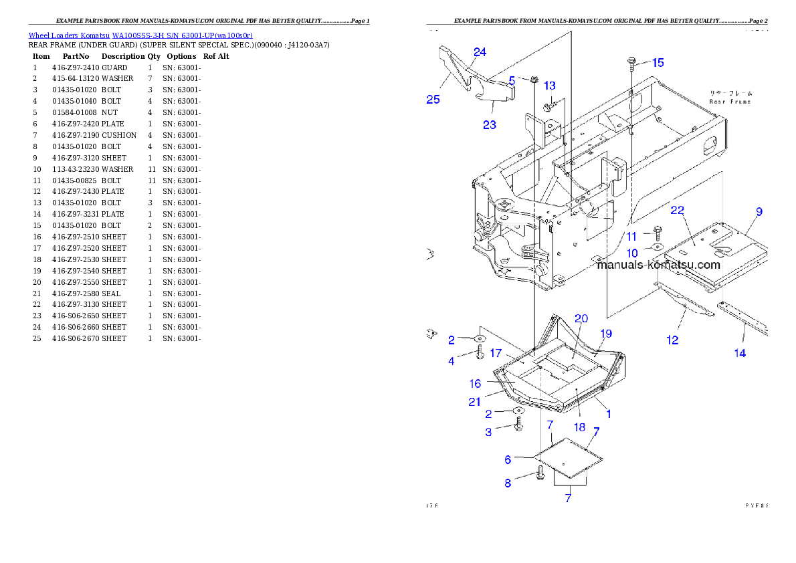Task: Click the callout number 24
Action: click(x=480, y=52)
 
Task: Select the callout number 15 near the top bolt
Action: click(x=658, y=63)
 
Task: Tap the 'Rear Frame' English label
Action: click(x=730, y=102)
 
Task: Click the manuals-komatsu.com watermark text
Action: click(x=659, y=264)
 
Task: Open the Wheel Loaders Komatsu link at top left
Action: click(x=140, y=35)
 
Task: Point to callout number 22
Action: click(x=677, y=210)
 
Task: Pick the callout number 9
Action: click(x=759, y=212)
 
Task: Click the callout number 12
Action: click(x=672, y=340)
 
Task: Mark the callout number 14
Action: click(x=740, y=353)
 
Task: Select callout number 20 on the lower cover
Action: click(x=581, y=318)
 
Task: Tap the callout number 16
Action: click(x=475, y=383)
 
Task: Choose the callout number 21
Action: click(x=474, y=402)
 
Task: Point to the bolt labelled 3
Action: click(x=518, y=424)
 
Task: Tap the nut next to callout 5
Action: click(x=534, y=81)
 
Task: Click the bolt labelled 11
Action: click(x=656, y=233)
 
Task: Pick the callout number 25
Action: click(x=433, y=100)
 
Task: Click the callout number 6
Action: click(x=508, y=459)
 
